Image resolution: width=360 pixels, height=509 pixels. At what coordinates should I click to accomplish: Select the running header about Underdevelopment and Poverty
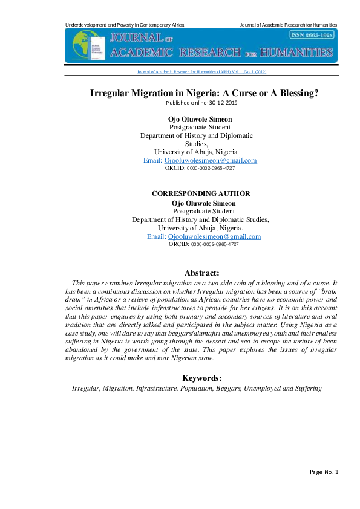pos(125,25)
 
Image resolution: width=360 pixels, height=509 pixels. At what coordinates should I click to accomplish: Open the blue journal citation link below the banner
pos(202,71)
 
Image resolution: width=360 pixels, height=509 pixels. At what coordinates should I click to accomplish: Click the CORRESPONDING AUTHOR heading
pos(200,193)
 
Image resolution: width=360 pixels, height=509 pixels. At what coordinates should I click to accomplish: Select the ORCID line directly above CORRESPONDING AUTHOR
pos(200,168)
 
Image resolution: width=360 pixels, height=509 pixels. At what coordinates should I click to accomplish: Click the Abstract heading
pos(202,273)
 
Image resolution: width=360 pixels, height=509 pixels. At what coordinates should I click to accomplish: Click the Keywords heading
pos(202,378)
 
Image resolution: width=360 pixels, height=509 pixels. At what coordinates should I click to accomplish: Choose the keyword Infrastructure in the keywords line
pos(155,389)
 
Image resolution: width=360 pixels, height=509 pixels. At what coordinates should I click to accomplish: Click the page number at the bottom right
pos(324,472)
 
